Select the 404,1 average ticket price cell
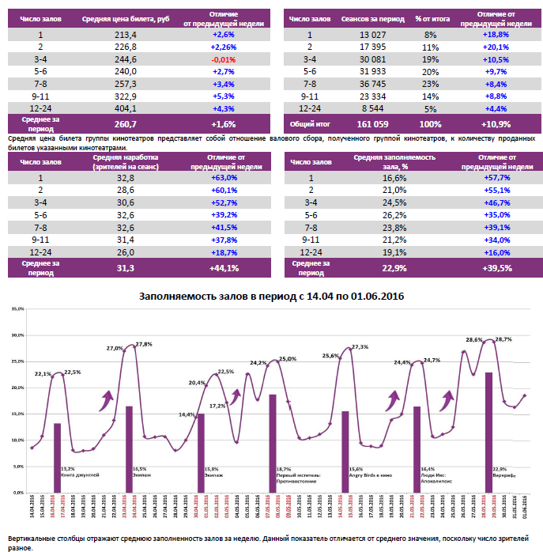coord(126,108)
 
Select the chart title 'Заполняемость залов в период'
coord(272,297)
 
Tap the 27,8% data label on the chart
coord(143,344)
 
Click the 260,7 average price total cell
coord(126,124)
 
